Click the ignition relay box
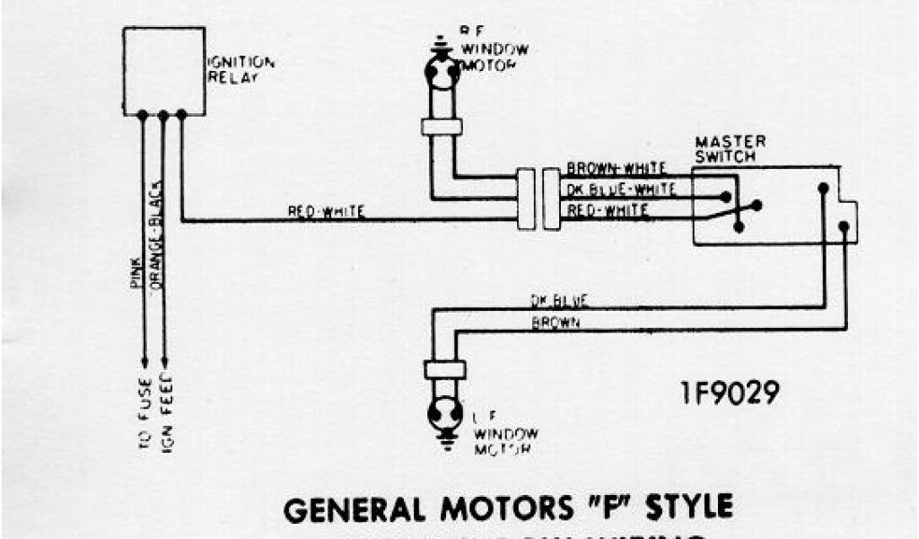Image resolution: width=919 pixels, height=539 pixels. tap(163, 70)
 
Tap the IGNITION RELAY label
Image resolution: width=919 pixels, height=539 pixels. tap(241, 69)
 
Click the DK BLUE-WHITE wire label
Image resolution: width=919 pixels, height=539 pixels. tap(621, 190)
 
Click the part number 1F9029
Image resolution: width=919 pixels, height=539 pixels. tap(728, 393)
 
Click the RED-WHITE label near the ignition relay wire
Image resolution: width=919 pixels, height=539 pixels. tap(326, 212)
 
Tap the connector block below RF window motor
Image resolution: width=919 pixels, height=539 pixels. tap(442, 127)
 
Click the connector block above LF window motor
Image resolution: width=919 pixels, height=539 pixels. tap(443, 369)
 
